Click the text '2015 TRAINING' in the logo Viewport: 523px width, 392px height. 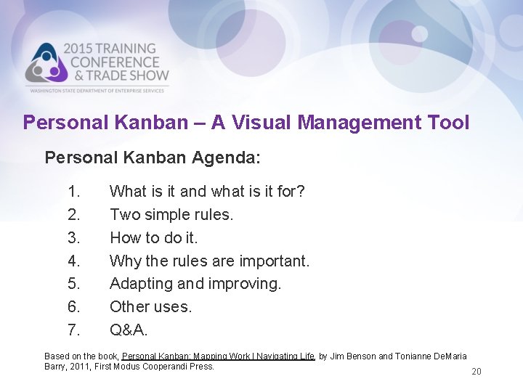point(110,49)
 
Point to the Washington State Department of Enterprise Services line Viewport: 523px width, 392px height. point(99,90)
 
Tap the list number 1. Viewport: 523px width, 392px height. point(74,192)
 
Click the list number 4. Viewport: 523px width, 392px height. point(74,261)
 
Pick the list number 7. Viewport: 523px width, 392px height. point(74,330)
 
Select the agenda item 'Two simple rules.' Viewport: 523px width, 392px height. point(171,215)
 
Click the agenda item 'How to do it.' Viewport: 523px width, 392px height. point(153,238)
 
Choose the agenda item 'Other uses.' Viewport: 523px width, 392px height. point(150,307)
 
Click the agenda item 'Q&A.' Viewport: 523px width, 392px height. point(129,330)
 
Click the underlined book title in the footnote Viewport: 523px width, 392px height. point(218,356)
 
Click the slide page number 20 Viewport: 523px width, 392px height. point(477,372)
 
